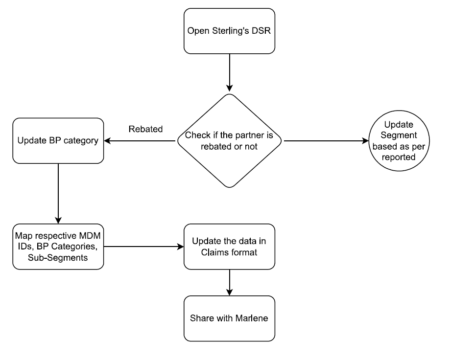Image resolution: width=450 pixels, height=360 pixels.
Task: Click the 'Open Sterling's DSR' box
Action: (x=229, y=31)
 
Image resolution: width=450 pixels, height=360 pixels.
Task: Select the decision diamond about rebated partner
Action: (x=229, y=140)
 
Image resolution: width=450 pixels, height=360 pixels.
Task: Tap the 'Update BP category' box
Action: (x=58, y=140)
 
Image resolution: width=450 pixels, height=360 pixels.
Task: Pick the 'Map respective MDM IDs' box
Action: (x=58, y=247)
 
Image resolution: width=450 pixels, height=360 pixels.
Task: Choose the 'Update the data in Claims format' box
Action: (x=229, y=247)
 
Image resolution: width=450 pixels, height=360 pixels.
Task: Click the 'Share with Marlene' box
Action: (x=229, y=318)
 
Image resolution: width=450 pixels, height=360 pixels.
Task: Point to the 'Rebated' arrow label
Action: (x=145, y=130)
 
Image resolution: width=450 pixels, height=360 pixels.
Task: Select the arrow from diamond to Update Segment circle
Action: (x=326, y=141)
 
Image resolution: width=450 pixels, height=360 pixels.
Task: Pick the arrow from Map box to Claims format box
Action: (x=143, y=247)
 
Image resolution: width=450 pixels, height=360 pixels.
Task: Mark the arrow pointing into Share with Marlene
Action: (x=229, y=282)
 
